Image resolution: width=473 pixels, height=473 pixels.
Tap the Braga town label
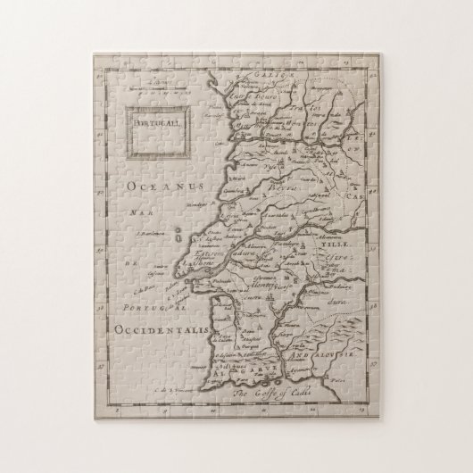(x=258, y=114)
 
